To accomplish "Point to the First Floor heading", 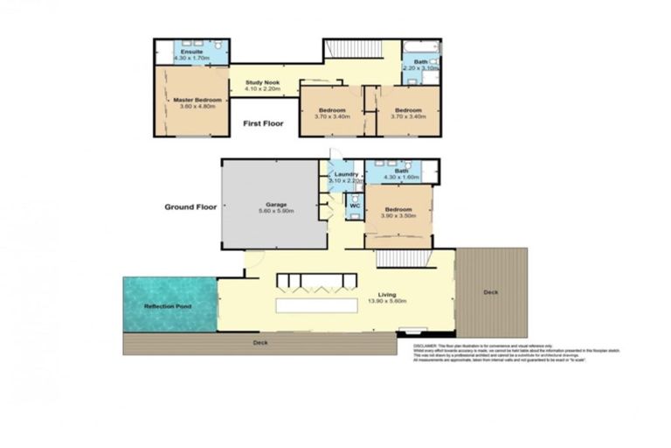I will pos(263,124).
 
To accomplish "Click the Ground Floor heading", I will pos(190,207).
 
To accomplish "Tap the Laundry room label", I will pos(347,175).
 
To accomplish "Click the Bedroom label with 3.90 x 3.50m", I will pos(398,210).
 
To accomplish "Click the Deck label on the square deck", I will pos(491,292).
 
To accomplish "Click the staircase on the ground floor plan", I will pos(403,258).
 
